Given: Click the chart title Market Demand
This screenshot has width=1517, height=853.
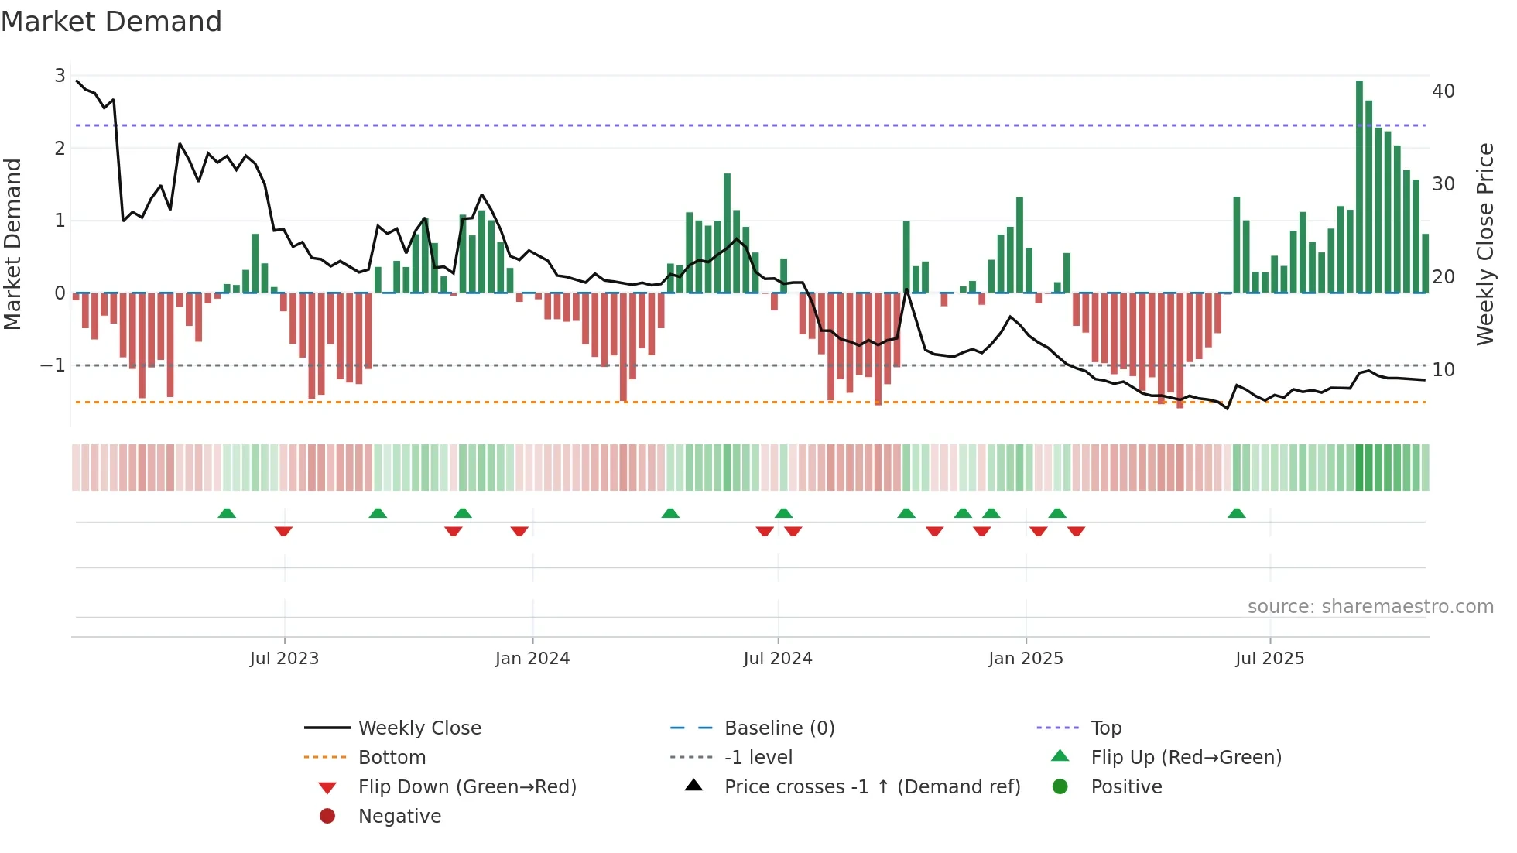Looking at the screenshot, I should click(x=111, y=22).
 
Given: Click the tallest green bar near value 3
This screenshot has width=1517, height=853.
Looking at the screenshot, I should click(x=1359, y=186).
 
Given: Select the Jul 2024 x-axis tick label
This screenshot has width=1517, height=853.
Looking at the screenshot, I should click(x=777, y=659).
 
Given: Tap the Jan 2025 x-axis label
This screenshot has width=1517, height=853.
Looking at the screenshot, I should click(x=1026, y=659).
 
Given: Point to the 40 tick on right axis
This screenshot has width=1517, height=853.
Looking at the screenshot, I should click(x=1443, y=91).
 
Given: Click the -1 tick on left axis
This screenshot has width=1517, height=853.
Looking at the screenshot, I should click(x=53, y=365).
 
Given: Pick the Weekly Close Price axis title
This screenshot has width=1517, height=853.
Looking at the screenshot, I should click(x=1484, y=244).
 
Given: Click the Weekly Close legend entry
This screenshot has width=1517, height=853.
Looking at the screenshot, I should click(x=419, y=728).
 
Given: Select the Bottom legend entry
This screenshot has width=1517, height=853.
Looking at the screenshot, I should click(x=392, y=758).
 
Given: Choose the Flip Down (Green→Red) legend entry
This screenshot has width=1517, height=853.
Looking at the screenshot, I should click(x=467, y=787).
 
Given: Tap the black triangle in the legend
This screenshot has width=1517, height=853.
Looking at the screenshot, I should click(x=693, y=786).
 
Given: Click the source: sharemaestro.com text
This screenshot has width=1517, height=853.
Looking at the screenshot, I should click(x=1370, y=607).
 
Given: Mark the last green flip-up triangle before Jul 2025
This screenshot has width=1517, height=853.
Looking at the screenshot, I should click(x=1236, y=513).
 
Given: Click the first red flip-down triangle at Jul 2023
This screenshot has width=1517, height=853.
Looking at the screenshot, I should click(x=283, y=531).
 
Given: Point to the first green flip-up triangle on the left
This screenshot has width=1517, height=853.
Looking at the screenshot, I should click(x=226, y=513).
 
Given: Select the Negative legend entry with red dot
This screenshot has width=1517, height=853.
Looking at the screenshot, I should click(x=399, y=817).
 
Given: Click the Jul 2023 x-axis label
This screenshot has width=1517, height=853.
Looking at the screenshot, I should click(x=284, y=659).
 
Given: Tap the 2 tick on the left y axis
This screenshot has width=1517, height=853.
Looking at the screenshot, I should click(x=60, y=148).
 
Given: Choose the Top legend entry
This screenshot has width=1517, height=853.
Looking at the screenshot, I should click(x=1105, y=728).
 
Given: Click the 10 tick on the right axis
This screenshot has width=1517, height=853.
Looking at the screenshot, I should click(x=1443, y=370).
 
